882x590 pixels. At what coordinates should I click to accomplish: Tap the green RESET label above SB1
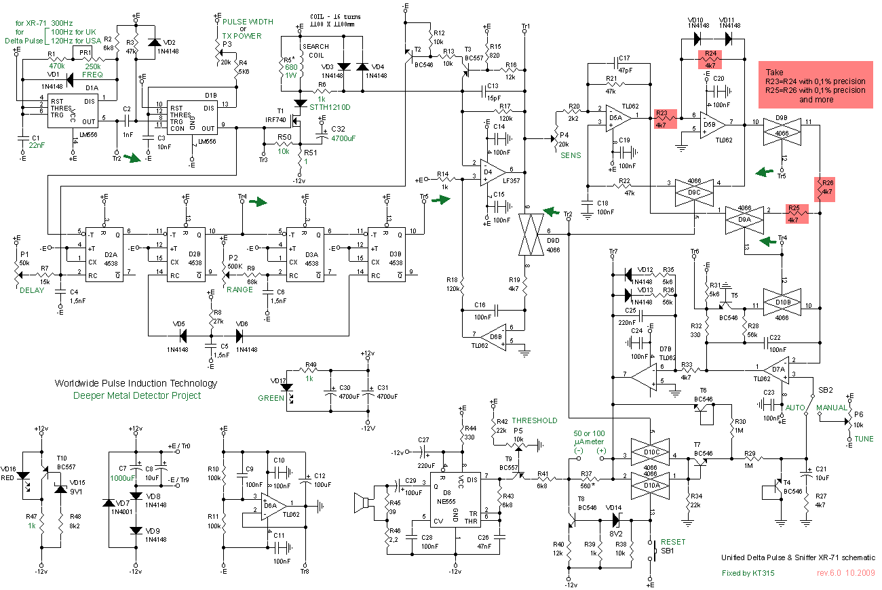(673, 542)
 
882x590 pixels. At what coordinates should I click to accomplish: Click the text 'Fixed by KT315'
(748, 573)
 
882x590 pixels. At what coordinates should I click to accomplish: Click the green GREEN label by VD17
(271, 398)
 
